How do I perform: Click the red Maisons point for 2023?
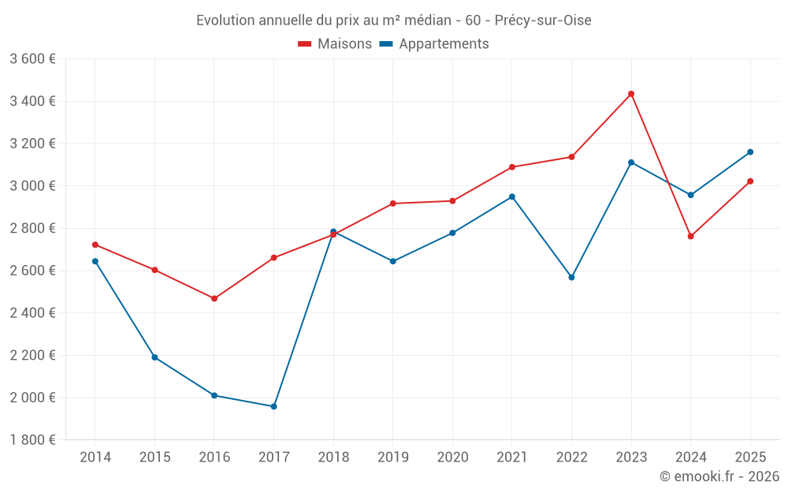pos(631,94)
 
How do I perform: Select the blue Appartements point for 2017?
pos(273,407)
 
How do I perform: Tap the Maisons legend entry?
pos(335,44)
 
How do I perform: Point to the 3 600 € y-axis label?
pos(32,59)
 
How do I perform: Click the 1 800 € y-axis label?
pos(32,440)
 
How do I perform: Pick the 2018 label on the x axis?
pos(333,457)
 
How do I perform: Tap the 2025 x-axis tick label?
pos(750,457)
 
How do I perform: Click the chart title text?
pos(393,20)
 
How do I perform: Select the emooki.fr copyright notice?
pos(719,476)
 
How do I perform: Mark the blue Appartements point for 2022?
pos(571,278)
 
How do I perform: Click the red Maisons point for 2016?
pos(214,299)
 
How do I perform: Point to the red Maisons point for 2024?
pos(691,237)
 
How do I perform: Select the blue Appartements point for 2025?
pos(750,152)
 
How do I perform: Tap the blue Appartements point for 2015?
pos(154,357)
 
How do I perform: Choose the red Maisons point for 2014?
pos(95,245)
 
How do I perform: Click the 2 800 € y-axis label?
pos(32,229)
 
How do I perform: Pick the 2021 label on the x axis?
pos(512,457)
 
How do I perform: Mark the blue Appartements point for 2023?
pos(631,162)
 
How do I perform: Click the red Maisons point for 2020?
pos(452,201)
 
